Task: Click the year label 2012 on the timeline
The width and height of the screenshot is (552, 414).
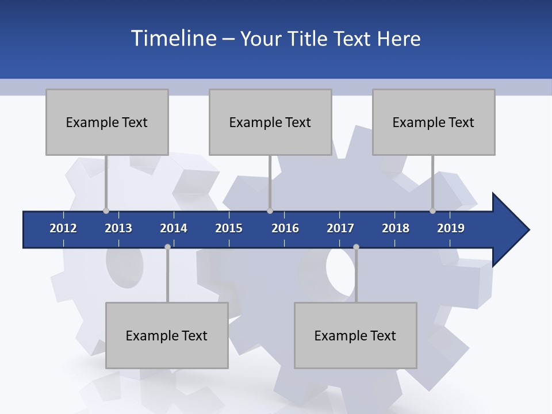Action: click(x=63, y=228)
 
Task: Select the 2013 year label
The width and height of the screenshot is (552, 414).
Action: click(x=118, y=228)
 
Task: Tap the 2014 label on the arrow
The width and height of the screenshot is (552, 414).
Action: click(x=174, y=228)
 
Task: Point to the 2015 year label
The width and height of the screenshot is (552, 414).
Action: click(x=229, y=228)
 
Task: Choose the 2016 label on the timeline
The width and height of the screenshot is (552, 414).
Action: click(x=285, y=228)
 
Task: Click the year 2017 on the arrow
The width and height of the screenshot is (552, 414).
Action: click(x=340, y=228)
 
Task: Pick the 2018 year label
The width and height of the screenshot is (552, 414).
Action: click(x=396, y=228)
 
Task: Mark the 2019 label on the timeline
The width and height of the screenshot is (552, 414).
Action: click(x=451, y=228)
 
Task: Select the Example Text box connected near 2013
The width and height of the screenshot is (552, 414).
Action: click(x=107, y=122)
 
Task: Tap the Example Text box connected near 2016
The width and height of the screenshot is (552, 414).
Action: click(x=270, y=122)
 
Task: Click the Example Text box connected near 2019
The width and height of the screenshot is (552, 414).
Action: click(x=434, y=122)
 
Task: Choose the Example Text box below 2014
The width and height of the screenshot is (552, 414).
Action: click(x=167, y=335)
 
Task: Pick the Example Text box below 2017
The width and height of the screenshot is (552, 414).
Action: click(x=355, y=335)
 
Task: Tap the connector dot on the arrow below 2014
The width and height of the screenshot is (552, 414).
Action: click(x=167, y=247)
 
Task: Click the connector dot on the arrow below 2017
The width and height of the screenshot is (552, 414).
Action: click(x=356, y=247)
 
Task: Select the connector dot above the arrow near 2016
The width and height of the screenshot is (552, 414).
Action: click(x=270, y=210)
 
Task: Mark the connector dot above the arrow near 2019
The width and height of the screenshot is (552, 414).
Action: click(x=432, y=210)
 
